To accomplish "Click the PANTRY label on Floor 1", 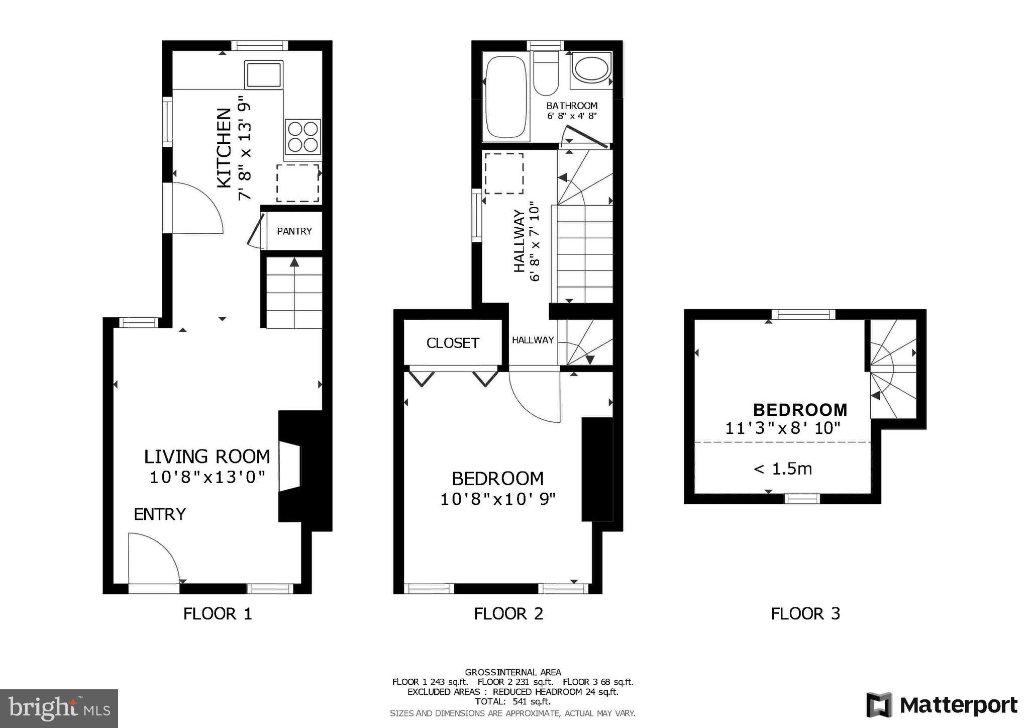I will [294, 231].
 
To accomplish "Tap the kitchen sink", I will [263, 75].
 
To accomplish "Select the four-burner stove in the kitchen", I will [302, 137].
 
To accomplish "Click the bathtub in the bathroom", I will [506, 98].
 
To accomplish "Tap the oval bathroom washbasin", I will [591, 69].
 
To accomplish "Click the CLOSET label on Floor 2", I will [453, 343].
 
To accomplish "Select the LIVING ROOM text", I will [207, 457].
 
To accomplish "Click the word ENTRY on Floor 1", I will [160, 514].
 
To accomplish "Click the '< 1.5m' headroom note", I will [782, 469].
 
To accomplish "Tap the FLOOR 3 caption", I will [805, 614].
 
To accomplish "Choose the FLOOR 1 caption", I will [217, 614].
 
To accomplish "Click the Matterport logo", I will [942, 705].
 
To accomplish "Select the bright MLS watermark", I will [59, 708].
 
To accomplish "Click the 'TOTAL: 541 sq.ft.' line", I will [512, 701].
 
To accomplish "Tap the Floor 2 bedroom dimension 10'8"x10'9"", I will [497, 499].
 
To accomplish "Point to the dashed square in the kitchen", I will [297, 183].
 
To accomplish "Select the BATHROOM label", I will [572, 106].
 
